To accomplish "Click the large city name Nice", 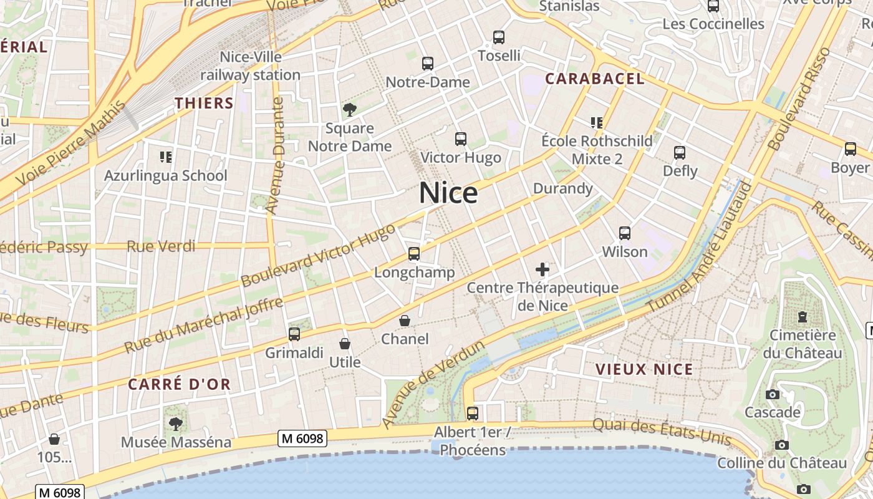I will (448, 193).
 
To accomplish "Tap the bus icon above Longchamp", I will (414, 254).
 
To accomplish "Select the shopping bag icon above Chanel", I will (405, 321).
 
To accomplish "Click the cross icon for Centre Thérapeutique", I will (543, 269).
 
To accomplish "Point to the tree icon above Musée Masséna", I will (176, 424).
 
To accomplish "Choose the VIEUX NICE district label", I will (644, 369).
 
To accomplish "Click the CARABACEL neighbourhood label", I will (595, 79).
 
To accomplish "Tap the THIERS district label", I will (204, 104).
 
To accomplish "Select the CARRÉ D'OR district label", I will (180, 384).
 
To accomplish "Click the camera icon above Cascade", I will (773, 394).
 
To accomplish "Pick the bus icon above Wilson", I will (625, 233).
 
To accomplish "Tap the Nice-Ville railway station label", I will (251, 66).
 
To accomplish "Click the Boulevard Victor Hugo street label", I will (318, 256).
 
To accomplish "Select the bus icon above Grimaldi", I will (294, 334).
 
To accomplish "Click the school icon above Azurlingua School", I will (165, 157).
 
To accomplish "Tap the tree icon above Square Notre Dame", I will (350, 110).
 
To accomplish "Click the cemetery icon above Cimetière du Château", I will (803, 317).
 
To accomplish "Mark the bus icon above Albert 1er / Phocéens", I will (473, 413).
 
